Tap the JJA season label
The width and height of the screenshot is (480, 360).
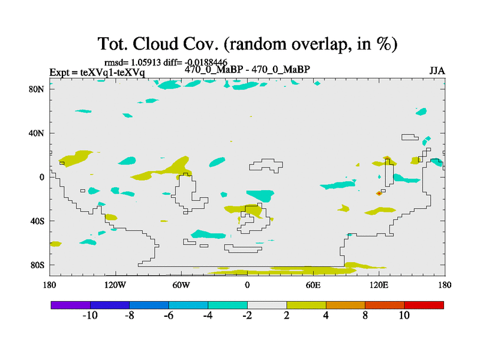coord(437,70)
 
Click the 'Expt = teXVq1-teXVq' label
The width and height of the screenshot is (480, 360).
coord(97,73)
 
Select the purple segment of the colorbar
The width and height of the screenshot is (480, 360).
coord(71,305)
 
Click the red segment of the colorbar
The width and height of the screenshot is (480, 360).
coord(424,305)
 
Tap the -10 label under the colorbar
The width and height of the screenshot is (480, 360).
coord(89,316)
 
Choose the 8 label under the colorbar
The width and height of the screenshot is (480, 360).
coord(365,316)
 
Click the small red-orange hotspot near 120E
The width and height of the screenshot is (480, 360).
coord(379,193)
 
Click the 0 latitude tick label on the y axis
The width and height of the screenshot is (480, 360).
coord(43,177)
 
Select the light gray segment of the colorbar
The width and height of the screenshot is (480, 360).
coord(267,305)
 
